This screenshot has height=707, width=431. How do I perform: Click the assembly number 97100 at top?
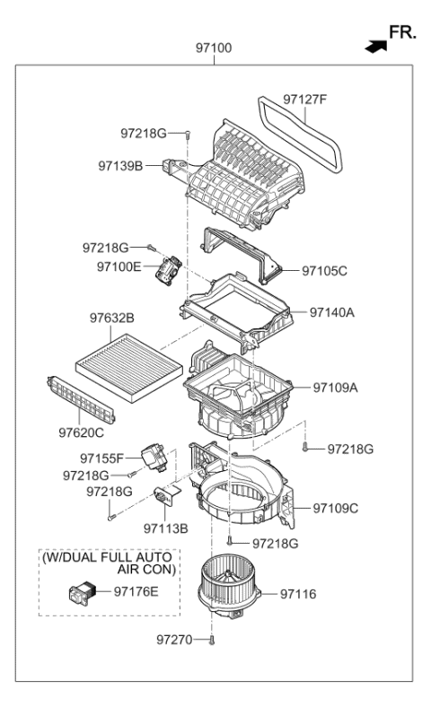point(215,47)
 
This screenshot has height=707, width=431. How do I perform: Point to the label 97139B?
point(121,165)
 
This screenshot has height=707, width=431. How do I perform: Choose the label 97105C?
point(324,269)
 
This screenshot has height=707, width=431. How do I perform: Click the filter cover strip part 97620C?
point(82,399)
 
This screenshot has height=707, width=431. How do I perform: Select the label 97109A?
point(335,388)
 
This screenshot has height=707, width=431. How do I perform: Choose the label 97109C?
point(335,508)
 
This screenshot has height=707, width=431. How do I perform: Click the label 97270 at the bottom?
point(175,665)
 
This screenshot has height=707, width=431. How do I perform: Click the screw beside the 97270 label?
point(210,665)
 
